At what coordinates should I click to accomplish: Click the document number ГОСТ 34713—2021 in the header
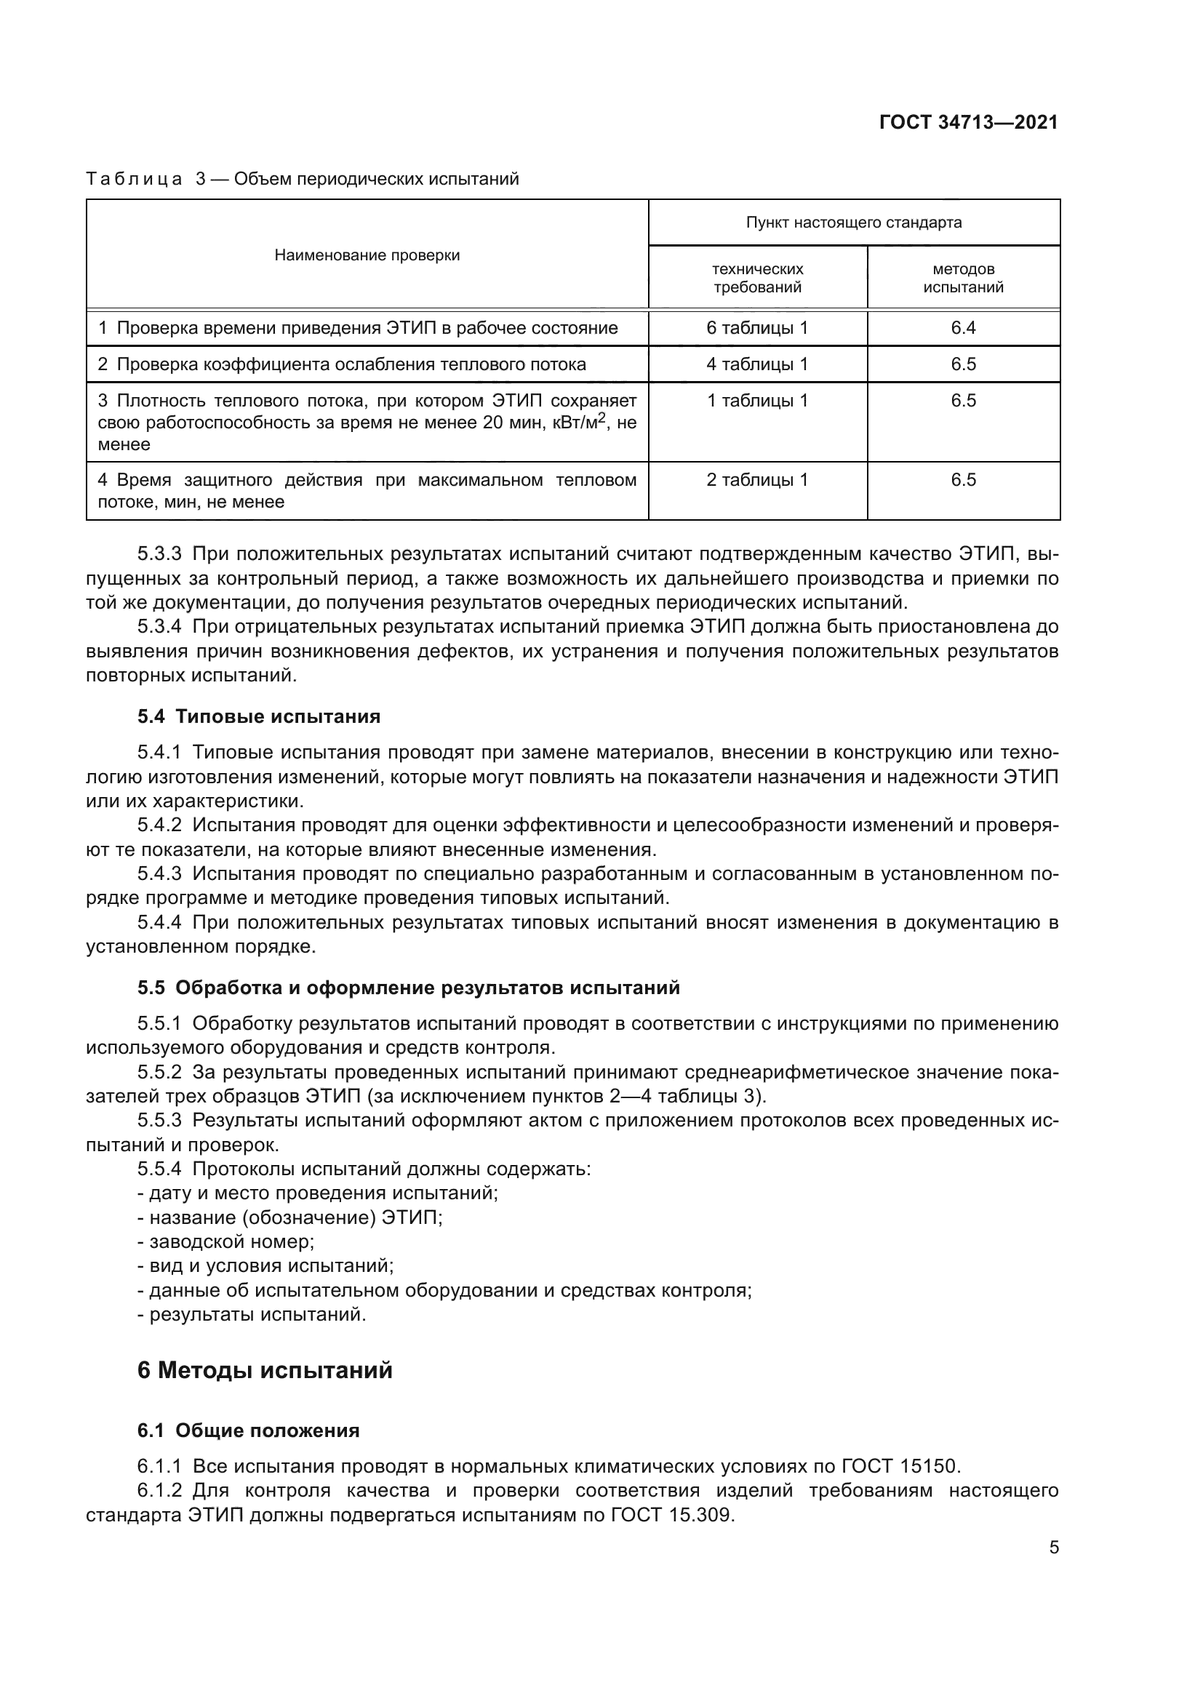tap(968, 122)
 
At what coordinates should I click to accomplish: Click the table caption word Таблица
tap(134, 180)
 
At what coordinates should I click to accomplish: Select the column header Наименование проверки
tap(367, 255)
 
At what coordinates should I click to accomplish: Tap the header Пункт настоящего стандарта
tap(853, 223)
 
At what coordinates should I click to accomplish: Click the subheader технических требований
tap(757, 278)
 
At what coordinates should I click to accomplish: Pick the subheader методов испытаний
tap(963, 278)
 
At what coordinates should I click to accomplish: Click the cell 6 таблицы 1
tap(757, 328)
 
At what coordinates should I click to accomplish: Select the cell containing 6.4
tap(963, 328)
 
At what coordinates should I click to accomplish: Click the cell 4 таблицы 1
tap(757, 364)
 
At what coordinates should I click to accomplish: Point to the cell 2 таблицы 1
tap(757, 480)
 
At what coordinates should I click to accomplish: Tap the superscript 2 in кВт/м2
tap(602, 418)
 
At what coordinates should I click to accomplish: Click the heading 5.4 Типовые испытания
tap(258, 716)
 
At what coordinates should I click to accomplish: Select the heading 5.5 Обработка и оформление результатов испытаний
tap(408, 988)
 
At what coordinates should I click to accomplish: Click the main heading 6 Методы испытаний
tap(265, 1370)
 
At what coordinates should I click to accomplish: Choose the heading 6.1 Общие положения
tap(248, 1430)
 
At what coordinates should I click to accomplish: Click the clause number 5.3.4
tap(159, 627)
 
